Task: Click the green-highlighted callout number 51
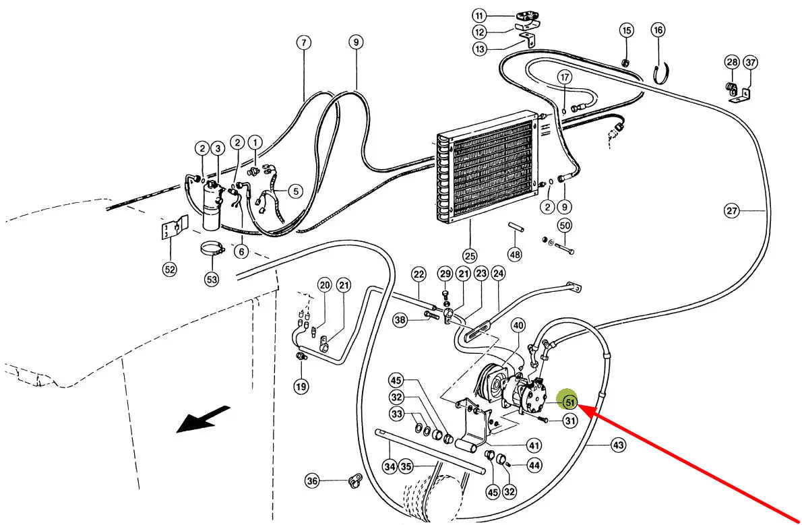569,402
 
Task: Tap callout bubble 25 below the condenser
470,255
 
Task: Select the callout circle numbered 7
304,42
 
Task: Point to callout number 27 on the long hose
732,210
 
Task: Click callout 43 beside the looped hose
619,445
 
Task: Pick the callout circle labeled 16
658,30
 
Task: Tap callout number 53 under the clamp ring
212,279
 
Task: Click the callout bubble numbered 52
169,269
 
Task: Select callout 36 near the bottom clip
312,481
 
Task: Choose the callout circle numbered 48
514,254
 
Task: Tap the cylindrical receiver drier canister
212,208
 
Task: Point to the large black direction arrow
203,419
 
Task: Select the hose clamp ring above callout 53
212,249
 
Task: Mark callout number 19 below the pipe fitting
301,385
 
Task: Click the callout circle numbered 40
518,326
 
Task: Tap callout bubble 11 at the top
479,16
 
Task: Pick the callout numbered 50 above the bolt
564,225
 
